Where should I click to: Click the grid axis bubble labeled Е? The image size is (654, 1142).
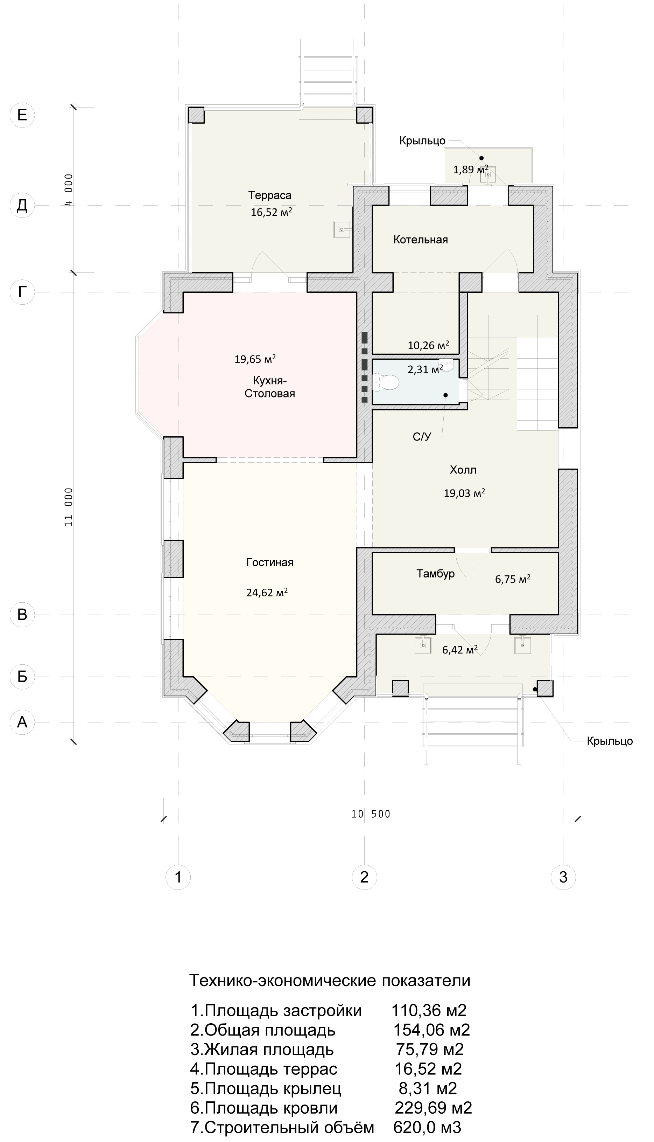[22, 115]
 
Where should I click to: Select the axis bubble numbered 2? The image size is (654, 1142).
[364, 877]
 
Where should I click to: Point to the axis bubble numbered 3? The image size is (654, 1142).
[563, 877]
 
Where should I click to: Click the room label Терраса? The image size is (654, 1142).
[270, 195]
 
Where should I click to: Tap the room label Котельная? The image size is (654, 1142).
[421, 240]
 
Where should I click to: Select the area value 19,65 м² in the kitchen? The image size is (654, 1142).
[255, 359]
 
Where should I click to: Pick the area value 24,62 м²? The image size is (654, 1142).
[267, 592]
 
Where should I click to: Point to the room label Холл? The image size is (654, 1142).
[463, 470]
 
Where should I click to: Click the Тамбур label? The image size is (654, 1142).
[435, 574]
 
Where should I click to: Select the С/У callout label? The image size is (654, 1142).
[422, 436]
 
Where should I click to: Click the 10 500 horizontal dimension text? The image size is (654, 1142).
[371, 814]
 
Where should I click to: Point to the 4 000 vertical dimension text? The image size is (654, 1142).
[68, 190]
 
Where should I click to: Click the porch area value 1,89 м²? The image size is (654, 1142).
[470, 169]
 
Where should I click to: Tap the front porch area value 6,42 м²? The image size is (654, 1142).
[459, 649]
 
